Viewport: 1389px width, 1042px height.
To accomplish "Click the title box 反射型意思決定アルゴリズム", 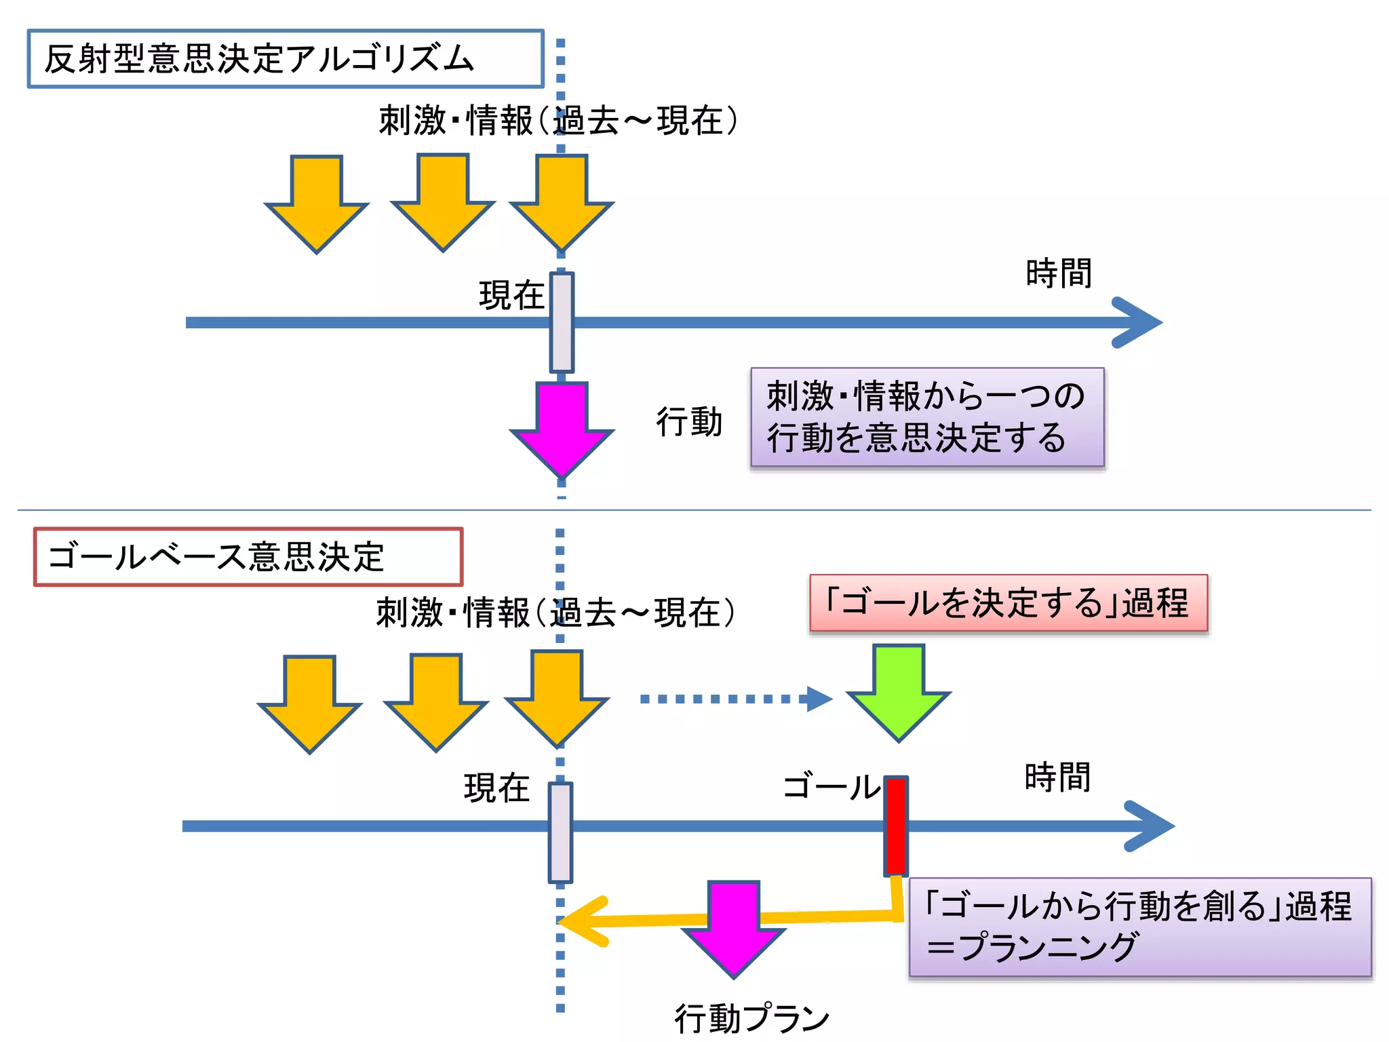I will pos(285,59).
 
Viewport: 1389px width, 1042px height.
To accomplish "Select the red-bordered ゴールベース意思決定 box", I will pos(248,557).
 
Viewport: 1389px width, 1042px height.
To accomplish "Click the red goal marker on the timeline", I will pos(896,826).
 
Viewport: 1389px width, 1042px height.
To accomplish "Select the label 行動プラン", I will pos(751,1018).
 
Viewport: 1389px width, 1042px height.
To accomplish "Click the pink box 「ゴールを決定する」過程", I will pos(1008,603).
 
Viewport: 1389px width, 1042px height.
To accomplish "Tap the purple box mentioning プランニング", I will pos(1139,927).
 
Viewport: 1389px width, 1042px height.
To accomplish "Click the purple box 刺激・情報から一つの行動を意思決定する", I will pos(926,417).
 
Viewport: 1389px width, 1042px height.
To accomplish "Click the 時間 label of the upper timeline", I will pos(1058,273).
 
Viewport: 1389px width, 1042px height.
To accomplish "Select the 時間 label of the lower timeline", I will pos(1057,777).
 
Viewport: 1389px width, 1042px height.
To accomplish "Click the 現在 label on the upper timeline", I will pos(511,296).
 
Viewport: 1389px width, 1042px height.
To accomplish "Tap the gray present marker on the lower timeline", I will pos(560,832).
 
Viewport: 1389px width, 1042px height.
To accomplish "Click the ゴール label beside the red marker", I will pos(832,787).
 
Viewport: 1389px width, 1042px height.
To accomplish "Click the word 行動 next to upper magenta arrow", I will pos(688,422).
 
